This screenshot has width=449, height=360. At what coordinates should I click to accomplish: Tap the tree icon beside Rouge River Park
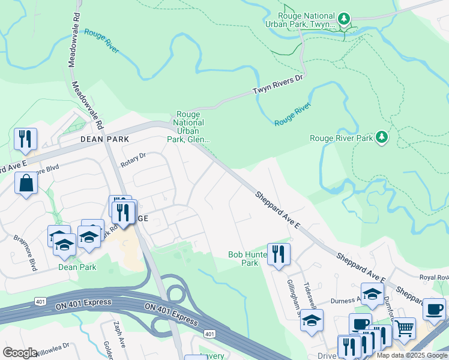[x=381, y=137]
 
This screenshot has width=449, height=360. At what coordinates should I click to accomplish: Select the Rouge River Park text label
[x=341, y=138]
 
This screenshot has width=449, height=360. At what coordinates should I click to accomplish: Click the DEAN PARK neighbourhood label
[x=105, y=138]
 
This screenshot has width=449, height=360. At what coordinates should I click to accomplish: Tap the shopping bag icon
[x=26, y=184]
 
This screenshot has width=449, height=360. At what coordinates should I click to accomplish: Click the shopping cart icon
[x=405, y=329]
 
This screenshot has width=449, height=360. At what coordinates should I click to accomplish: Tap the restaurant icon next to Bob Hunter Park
[x=279, y=254]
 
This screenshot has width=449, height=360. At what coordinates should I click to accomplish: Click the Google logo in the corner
[x=20, y=353]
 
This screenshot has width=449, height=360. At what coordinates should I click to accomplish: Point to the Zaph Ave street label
[x=119, y=334]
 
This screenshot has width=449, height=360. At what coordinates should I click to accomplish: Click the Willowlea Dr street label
[x=53, y=349]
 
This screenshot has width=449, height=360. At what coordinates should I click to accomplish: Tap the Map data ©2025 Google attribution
[x=412, y=355]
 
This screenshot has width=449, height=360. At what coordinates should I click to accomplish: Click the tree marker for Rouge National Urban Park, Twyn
[x=344, y=19]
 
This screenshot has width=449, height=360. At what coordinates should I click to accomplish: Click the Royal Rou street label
[x=434, y=277]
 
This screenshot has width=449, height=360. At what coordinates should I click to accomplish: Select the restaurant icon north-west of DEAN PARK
[x=25, y=139]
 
